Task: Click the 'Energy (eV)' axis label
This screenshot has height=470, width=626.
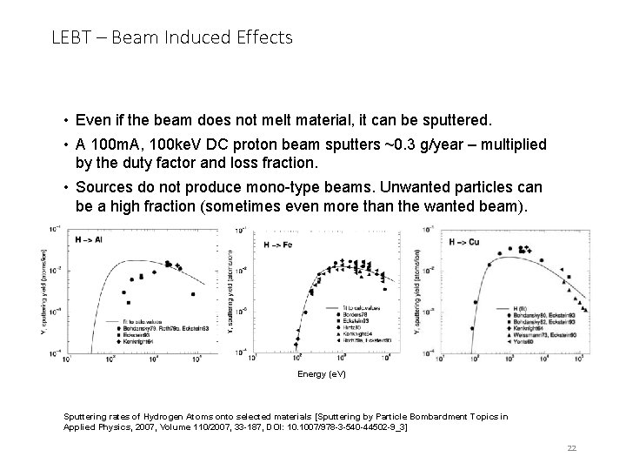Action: (x=321, y=373)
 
